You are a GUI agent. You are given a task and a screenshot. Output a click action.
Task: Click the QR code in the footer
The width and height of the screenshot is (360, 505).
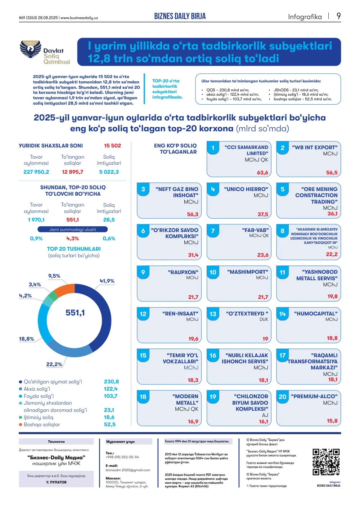(326, 462)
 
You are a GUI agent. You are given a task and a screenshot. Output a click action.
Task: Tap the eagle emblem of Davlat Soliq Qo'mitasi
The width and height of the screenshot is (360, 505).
(31, 49)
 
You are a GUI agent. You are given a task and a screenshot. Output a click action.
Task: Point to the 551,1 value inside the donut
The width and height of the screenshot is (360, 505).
(75, 313)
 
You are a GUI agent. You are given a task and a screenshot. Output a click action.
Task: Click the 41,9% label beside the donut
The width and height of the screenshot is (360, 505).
(107, 281)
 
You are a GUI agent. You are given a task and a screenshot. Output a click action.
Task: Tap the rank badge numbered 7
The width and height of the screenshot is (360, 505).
(213, 231)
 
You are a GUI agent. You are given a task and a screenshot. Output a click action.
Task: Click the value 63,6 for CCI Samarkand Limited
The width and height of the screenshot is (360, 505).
(262, 173)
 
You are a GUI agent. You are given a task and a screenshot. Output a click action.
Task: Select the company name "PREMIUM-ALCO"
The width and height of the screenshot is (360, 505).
(314, 396)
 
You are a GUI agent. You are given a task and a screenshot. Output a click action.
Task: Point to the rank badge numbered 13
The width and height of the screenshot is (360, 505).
(213, 314)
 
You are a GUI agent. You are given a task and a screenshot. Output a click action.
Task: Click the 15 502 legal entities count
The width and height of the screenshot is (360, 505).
(112, 146)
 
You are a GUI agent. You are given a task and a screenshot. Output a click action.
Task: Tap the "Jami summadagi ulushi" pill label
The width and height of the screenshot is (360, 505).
(73, 229)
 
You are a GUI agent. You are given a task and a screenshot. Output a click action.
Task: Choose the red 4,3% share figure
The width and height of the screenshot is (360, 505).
(72, 238)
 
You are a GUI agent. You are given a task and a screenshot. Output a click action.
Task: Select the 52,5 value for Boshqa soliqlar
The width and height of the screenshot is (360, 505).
(110, 424)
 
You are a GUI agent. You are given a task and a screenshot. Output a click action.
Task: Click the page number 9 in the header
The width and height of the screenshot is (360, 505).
(338, 16)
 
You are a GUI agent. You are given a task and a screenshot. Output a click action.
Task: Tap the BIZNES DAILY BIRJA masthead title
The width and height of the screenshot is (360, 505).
(180, 16)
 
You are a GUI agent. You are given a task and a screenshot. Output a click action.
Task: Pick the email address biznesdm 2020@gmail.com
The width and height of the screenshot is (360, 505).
(128, 470)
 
